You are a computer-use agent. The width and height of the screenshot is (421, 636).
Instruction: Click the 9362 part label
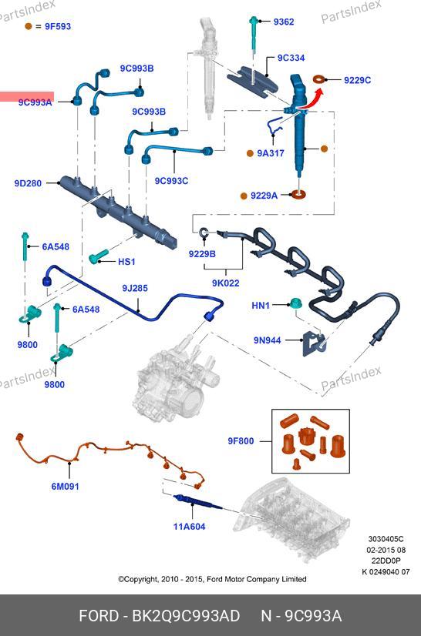(283, 22)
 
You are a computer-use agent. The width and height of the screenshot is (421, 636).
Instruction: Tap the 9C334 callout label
(291, 58)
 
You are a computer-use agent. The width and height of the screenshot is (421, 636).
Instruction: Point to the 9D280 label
(28, 183)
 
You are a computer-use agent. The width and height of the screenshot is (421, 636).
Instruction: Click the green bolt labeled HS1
(98, 256)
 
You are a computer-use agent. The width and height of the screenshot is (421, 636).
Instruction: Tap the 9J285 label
(135, 289)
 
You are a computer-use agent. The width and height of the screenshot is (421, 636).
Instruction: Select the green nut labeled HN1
(296, 304)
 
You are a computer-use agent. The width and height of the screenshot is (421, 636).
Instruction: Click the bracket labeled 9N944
(314, 343)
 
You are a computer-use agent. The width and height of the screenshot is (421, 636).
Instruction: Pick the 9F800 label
(241, 441)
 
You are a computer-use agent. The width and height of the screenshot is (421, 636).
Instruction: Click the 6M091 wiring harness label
(65, 487)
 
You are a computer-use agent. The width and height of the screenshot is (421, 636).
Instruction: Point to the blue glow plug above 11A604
(198, 502)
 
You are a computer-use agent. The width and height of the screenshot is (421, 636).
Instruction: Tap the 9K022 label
(225, 283)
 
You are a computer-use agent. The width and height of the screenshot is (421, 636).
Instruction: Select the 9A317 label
(271, 153)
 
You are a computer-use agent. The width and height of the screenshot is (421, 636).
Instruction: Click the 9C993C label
(171, 181)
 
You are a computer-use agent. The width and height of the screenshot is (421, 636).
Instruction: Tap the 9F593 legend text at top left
(58, 26)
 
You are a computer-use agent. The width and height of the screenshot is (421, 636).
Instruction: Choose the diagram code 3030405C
(386, 539)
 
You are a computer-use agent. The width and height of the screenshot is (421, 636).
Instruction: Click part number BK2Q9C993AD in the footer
(186, 616)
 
